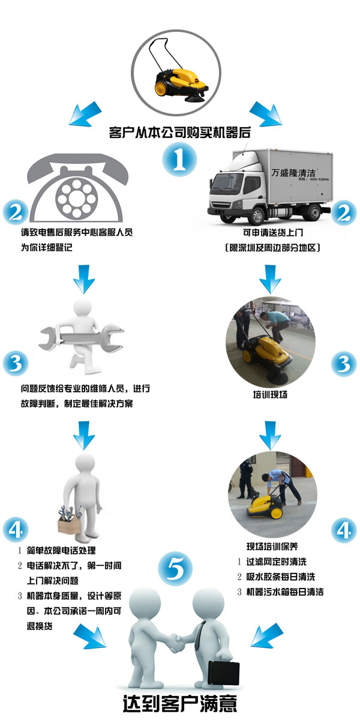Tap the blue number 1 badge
click(x=179, y=160)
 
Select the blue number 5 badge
click(x=175, y=569)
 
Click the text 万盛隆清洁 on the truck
click(x=293, y=173)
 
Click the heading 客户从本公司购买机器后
click(x=179, y=133)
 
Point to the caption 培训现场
click(x=270, y=394)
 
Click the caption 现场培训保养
click(x=272, y=546)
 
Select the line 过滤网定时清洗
click(x=277, y=562)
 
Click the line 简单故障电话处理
click(x=61, y=550)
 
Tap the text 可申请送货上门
click(x=273, y=232)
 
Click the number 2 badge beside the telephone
click(x=16, y=212)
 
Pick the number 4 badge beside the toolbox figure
click(x=16, y=529)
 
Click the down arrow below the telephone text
click(x=84, y=279)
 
